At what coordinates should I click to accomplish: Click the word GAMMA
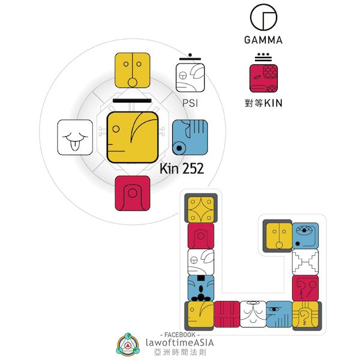coord(263,41)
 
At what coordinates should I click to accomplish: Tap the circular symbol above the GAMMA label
coord(263,17)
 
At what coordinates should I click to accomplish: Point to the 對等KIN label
coord(264,103)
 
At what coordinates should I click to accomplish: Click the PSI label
coord(190,103)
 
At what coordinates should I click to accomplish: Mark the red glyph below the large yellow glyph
coord(132,193)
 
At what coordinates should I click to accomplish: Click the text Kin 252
coord(182,169)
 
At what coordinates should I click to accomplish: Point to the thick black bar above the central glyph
coord(133,102)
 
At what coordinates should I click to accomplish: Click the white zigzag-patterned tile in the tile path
coord(305,262)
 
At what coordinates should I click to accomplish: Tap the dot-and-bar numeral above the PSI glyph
coord(190,58)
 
